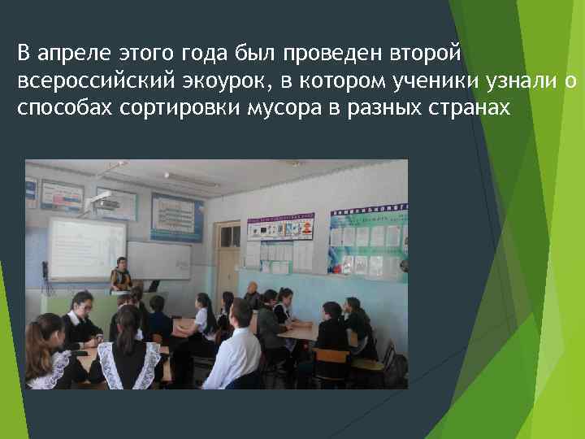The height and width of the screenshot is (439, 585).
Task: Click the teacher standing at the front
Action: point(121,276)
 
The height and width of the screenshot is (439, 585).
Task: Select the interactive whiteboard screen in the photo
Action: point(85,249)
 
